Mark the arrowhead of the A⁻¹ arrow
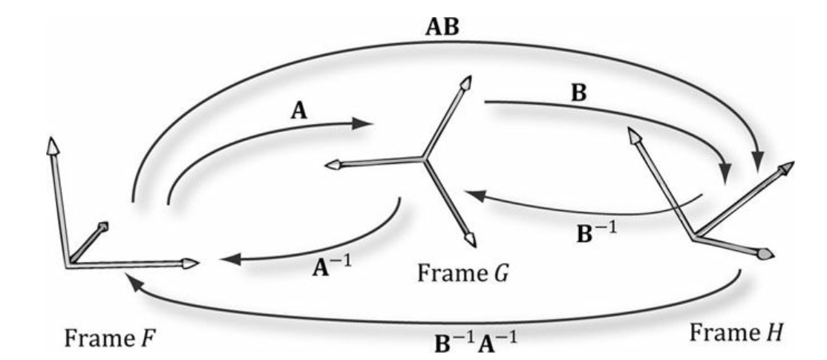coord(230,260)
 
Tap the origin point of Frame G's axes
coord(423,157)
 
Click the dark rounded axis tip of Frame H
coord(766,255)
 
